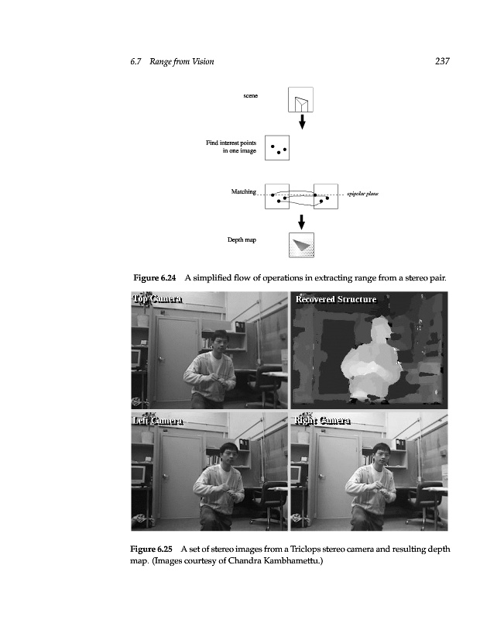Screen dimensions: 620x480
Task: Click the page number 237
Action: point(443,61)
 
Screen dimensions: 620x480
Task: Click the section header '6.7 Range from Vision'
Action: point(172,61)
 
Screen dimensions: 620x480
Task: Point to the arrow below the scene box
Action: point(302,122)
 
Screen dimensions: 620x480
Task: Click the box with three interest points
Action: point(277,147)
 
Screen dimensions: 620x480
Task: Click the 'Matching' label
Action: point(243,191)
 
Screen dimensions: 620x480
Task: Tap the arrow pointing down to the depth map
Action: point(302,222)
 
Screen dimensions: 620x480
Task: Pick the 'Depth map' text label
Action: point(242,240)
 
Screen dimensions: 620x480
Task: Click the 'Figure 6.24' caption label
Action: point(156,277)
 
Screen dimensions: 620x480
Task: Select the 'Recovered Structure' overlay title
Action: point(335,299)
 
